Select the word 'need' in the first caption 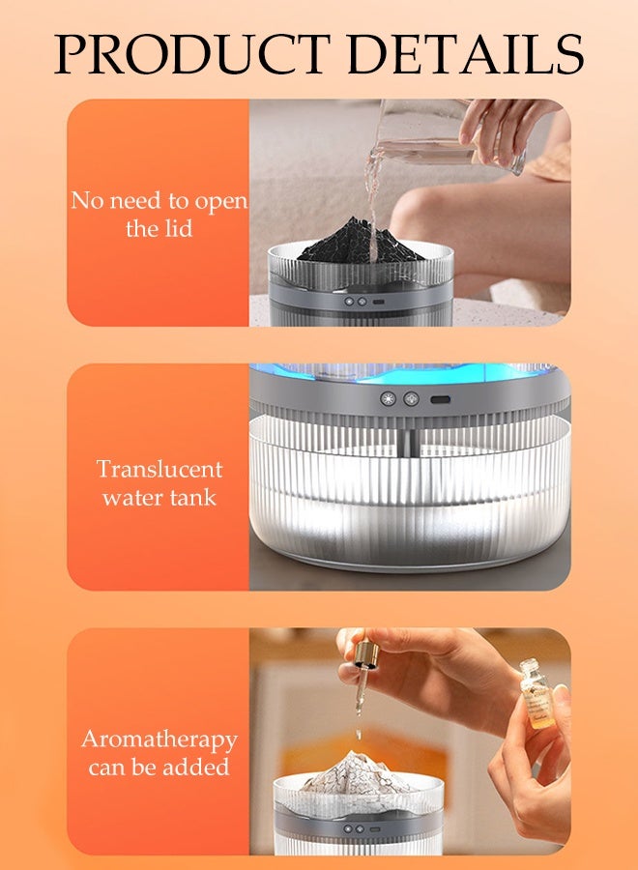pos(136,201)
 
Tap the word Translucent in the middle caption pos(159,470)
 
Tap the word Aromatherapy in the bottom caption pos(159,739)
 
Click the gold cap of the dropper pos(366,656)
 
